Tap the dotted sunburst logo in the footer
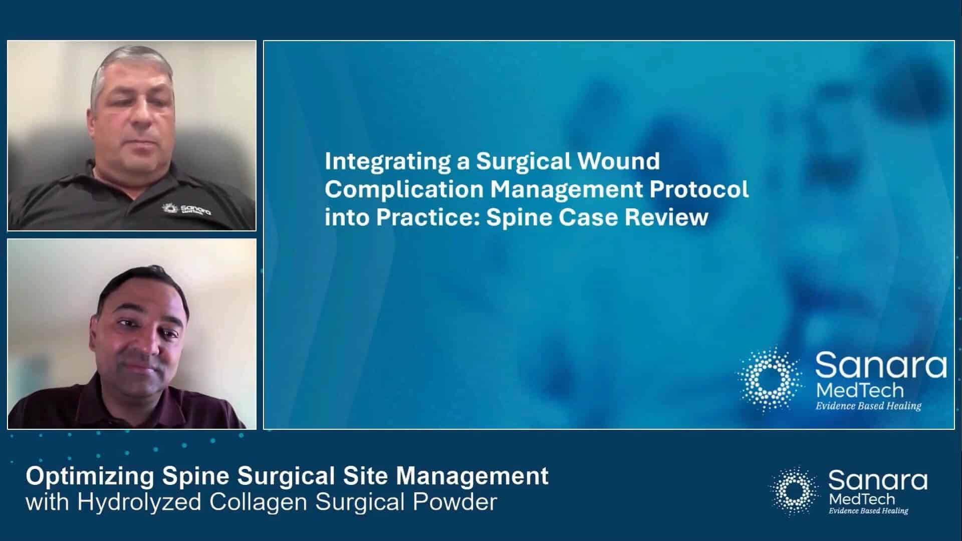794,491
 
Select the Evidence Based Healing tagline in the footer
868,511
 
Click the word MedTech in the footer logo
862,499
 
